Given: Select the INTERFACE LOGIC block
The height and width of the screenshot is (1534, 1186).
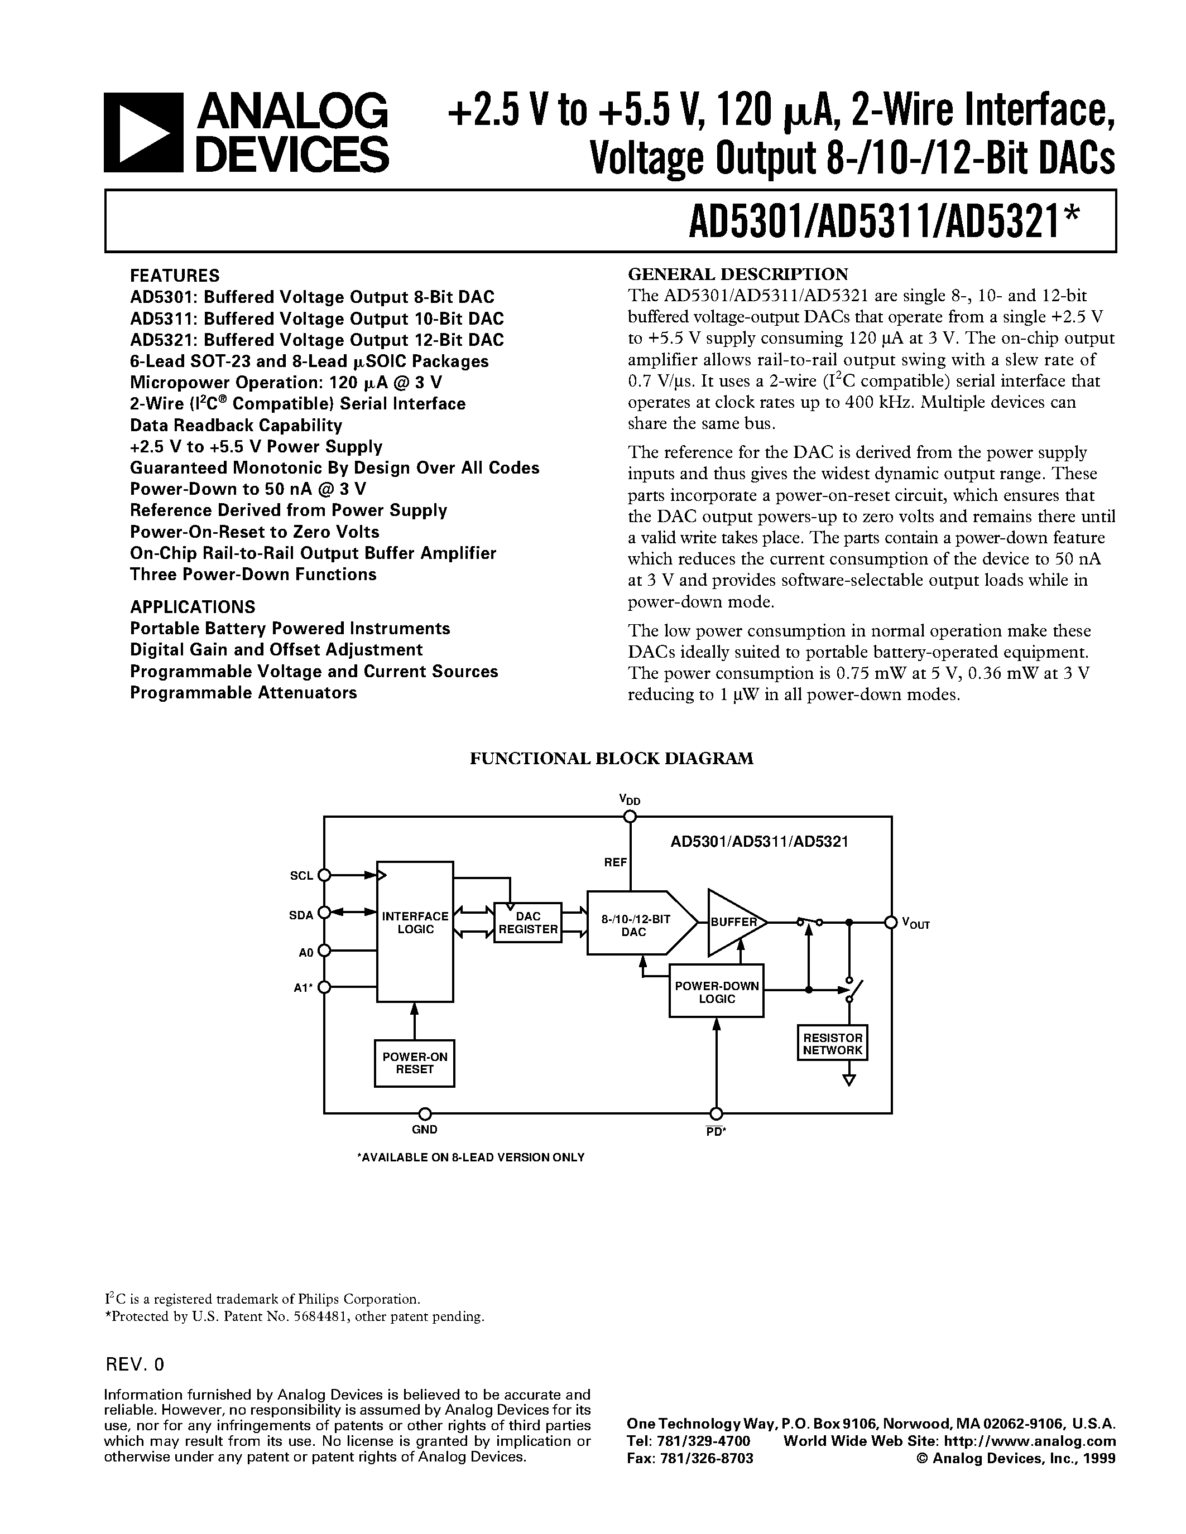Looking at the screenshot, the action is [x=415, y=930].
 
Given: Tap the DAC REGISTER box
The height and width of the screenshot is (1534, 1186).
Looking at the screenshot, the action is [x=527, y=922].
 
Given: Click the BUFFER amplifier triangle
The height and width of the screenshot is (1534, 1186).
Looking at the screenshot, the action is [x=733, y=922].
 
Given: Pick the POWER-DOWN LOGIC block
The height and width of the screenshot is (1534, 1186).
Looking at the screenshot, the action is [x=716, y=991].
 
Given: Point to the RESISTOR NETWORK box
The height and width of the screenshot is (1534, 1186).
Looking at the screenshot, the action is [x=833, y=1043].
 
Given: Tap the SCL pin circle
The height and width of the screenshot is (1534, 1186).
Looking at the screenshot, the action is [x=324, y=875].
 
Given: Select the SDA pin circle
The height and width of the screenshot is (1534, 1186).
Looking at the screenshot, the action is [x=324, y=913].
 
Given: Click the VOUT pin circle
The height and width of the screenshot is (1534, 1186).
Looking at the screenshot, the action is [x=890, y=922].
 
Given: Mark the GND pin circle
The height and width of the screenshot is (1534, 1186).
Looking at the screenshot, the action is [x=424, y=1113].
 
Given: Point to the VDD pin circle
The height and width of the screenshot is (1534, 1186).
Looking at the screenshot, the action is [x=630, y=816].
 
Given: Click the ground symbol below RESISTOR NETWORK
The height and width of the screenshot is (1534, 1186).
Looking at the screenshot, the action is [x=849, y=1079].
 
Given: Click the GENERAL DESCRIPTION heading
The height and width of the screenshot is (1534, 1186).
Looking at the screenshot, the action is [x=737, y=274].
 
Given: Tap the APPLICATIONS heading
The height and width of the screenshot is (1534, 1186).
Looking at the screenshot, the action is [x=193, y=607].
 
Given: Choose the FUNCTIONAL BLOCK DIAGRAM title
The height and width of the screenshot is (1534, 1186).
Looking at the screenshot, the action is [x=611, y=759].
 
